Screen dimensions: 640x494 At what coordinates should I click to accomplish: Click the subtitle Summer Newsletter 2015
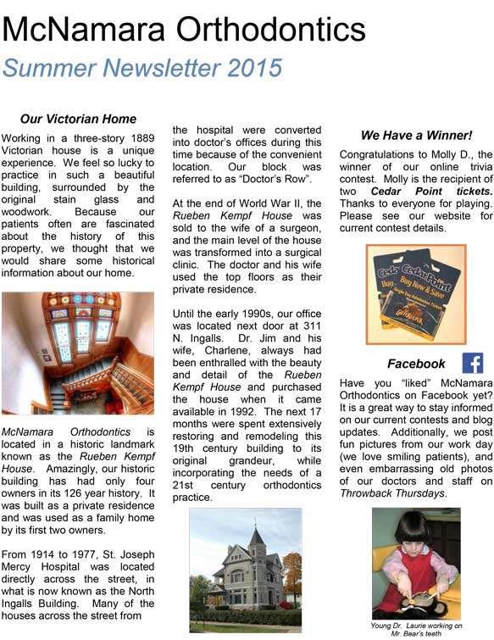[x=142, y=68]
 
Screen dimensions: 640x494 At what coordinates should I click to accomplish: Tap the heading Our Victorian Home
[x=78, y=119]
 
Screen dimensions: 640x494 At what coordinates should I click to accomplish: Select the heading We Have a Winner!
[x=416, y=135]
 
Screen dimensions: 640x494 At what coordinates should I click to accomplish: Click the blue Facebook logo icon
[x=472, y=363]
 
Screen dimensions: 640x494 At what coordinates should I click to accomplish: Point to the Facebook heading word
[x=416, y=364]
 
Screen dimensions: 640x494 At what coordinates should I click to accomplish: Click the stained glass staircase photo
[x=78, y=353]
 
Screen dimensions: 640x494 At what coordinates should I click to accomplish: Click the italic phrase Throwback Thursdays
[x=391, y=493]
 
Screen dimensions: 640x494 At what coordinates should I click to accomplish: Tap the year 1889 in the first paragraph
[x=138, y=138]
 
